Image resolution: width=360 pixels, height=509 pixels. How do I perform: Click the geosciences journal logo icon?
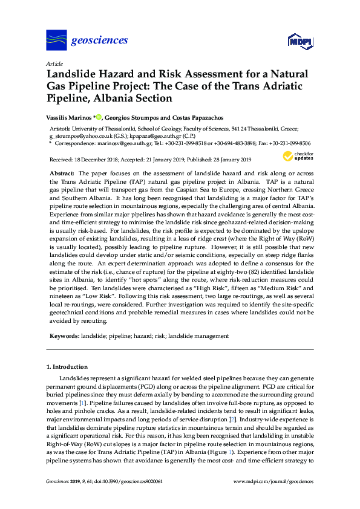pos(56,41)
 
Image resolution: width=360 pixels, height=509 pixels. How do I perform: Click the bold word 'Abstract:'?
pos(62,173)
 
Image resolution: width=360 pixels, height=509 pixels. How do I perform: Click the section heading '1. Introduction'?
pos(67,367)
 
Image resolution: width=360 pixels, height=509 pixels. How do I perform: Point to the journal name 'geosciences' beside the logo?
pos(100,41)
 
